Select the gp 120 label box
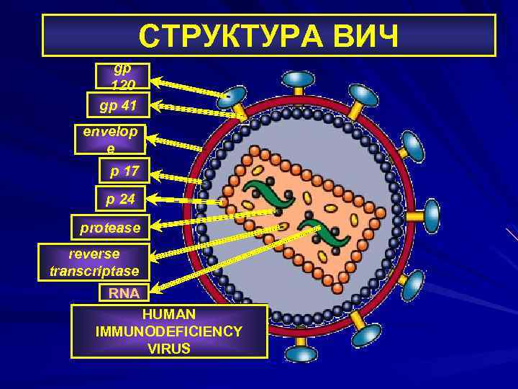(x=122, y=76)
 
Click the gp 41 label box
(x=118, y=105)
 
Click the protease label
(x=110, y=228)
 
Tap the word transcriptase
(x=94, y=271)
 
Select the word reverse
(x=94, y=254)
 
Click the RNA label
(x=124, y=292)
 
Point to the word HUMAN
(x=169, y=315)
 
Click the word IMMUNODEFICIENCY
(x=169, y=331)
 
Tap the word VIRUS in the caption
(x=169, y=349)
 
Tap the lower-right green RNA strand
(x=322, y=235)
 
